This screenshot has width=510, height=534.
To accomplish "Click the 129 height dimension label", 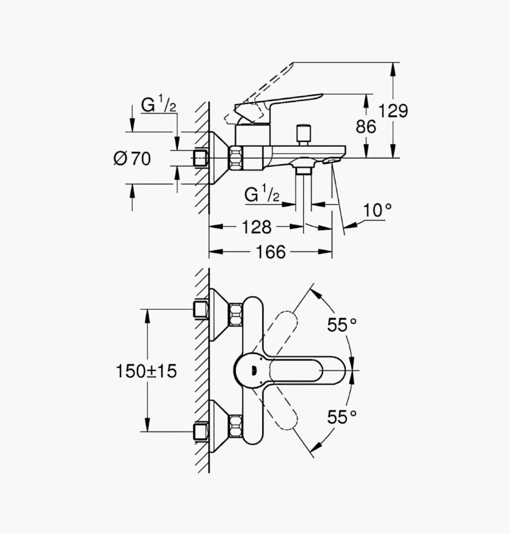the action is point(393,111).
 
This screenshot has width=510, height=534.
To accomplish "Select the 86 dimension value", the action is point(366,126).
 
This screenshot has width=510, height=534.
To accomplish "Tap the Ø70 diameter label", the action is point(132,159).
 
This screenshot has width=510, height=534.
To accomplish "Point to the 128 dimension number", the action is point(256,227).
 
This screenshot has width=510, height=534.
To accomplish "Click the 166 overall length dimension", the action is point(271,252).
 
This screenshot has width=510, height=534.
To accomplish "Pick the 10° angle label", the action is point(377,210).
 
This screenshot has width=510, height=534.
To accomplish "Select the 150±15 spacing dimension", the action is point(146,371).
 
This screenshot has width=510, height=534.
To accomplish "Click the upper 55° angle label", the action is point(342,324).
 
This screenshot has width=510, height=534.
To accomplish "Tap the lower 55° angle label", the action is point(342,417).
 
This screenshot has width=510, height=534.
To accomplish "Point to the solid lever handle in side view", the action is point(278,106).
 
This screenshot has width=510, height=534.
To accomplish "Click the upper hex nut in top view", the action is point(236,315).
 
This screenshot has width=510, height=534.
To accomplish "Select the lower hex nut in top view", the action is point(236,427).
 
